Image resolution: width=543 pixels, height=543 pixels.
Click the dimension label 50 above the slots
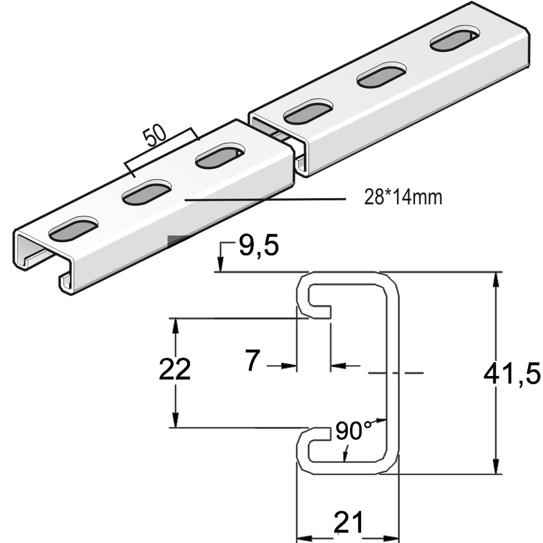pos(154,136)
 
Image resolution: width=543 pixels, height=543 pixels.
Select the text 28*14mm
pos(403,198)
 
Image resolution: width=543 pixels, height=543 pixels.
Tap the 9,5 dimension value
pos(258,247)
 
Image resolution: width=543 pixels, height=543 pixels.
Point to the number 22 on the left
pos(174,370)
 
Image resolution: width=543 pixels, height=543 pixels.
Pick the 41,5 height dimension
pos(512,374)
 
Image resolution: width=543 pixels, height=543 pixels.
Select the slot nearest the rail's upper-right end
pos(454,41)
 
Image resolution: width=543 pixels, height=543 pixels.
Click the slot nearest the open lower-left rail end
pos(73,229)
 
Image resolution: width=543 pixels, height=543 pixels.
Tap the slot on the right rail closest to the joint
pos(308,112)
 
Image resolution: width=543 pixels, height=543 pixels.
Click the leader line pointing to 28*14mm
pos(265,199)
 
